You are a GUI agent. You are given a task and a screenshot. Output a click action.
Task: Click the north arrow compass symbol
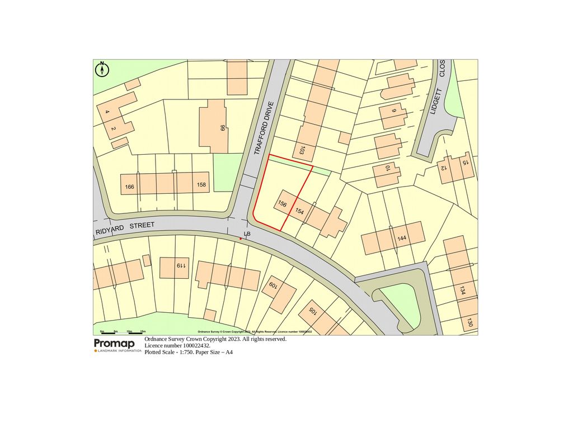click(x=102, y=69)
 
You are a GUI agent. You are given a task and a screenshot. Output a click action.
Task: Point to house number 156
click(x=283, y=204)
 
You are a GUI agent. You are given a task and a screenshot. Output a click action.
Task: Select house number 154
click(x=299, y=212)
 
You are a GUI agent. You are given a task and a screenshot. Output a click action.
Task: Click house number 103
click(x=302, y=150)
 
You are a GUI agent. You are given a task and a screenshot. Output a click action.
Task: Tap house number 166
click(x=130, y=186)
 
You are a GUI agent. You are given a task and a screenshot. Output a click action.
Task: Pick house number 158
click(x=201, y=184)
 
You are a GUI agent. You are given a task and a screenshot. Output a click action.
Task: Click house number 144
click(x=401, y=239)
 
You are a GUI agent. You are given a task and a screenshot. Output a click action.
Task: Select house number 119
click(x=181, y=266)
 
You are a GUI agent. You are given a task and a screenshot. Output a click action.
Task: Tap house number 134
click(x=462, y=290)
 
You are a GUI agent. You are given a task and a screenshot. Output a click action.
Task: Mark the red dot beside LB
click(x=241, y=239)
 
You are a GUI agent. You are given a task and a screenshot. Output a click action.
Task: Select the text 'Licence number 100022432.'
click(x=177, y=346)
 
